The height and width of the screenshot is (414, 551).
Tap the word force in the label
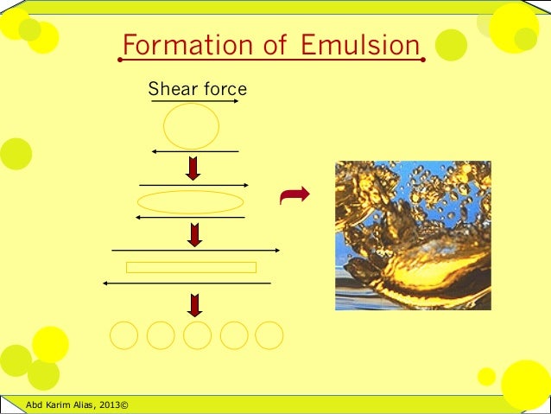[x=224, y=89]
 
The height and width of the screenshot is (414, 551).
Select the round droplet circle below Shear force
[x=191, y=126]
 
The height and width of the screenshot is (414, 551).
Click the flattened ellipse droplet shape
[x=191, y=202]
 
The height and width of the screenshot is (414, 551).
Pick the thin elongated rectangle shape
[x=191, y=267]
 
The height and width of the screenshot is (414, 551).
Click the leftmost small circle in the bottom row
[x=123, y=335]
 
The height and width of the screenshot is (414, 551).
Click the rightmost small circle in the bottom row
[x=269, y=335]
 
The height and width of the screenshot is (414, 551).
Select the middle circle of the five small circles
[x=197, y=335]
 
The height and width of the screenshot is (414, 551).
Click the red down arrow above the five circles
[x=195, y=304]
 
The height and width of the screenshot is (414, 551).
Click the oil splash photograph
[x=413, y=235]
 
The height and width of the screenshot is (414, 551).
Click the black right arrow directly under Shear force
[x=195, y=101]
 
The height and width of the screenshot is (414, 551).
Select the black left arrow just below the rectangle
[x=186, y=283]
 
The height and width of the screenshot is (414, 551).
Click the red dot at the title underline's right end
[x=422, y=61]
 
